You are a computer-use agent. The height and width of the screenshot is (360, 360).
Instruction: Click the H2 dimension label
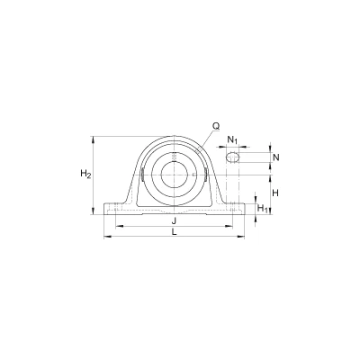(85, 174)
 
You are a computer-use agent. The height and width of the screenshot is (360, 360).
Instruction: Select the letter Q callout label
(216, 127)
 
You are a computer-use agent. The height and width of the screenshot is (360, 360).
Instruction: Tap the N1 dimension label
(233, 139)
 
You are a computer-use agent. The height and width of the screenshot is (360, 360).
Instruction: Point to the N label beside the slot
(276, 157)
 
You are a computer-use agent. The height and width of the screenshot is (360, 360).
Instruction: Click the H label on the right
(275, 193)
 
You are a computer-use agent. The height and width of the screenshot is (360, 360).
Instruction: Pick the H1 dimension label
(263, 208)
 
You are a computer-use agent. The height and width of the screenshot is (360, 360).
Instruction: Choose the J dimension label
(174, 221)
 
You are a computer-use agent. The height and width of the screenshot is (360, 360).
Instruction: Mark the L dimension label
(174, 231)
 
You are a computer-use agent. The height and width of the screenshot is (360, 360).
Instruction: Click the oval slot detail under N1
(233, 157)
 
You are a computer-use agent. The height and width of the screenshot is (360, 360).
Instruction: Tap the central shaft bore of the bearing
(175, 175)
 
